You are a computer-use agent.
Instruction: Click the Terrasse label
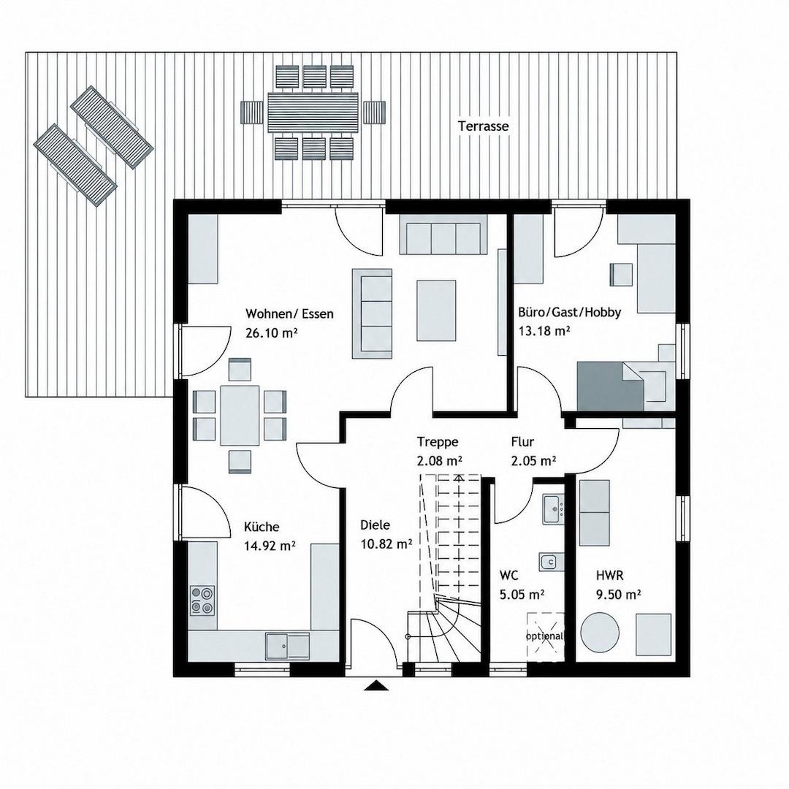(483, 126)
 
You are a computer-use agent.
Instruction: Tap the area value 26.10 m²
(270, 333)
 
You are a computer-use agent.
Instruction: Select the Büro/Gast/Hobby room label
(570, 313)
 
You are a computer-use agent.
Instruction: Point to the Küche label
(262, 527)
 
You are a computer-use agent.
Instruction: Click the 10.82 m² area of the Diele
(386, 544)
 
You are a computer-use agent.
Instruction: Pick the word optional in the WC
(544, 636)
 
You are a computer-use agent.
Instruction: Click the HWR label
(610, 575)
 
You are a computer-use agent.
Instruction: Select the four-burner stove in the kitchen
(202, 601)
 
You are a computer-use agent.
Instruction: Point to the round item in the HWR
(600, 631)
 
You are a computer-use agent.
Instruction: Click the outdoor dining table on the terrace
(313, 112)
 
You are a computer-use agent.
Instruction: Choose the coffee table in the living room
(436, 310)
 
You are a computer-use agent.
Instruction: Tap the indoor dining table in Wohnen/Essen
(240, 415)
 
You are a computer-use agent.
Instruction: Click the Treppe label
(438, 442)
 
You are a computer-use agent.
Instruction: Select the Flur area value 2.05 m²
(533, 460)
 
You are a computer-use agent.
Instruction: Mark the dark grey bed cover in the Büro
(610, 386)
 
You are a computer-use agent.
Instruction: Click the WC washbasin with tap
(553, 509)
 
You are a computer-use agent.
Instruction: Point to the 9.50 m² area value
(619, 595)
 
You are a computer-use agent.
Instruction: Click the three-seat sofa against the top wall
(444, 234)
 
